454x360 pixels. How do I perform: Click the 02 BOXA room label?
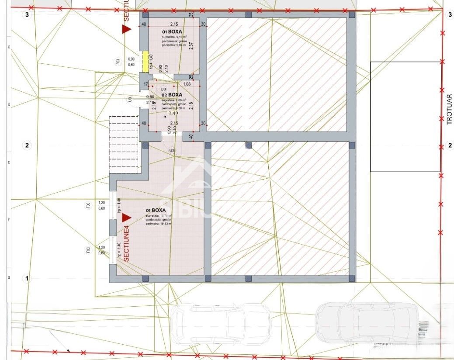pos(172,94)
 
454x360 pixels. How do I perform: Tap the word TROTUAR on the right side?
pos(449,109)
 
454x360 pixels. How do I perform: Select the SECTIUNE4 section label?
pos(126,243)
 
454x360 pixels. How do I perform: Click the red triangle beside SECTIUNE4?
pos(127,217)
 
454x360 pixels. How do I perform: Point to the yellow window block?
pos(144,62)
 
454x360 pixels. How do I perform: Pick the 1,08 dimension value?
pos(187,84)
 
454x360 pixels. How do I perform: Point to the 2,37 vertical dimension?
pos(191,46)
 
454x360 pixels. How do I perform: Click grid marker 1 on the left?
pos(27,278)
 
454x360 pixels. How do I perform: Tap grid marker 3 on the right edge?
pos(450,15)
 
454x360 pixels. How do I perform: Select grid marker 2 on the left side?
pos(27,145)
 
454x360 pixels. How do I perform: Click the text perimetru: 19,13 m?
pos(159,223)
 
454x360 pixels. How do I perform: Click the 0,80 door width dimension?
pos(150,97)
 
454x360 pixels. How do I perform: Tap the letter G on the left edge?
pos(9,277)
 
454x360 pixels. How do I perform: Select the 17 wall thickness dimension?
pos(146,84)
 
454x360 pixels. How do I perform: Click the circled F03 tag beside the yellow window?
pos(118,62)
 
